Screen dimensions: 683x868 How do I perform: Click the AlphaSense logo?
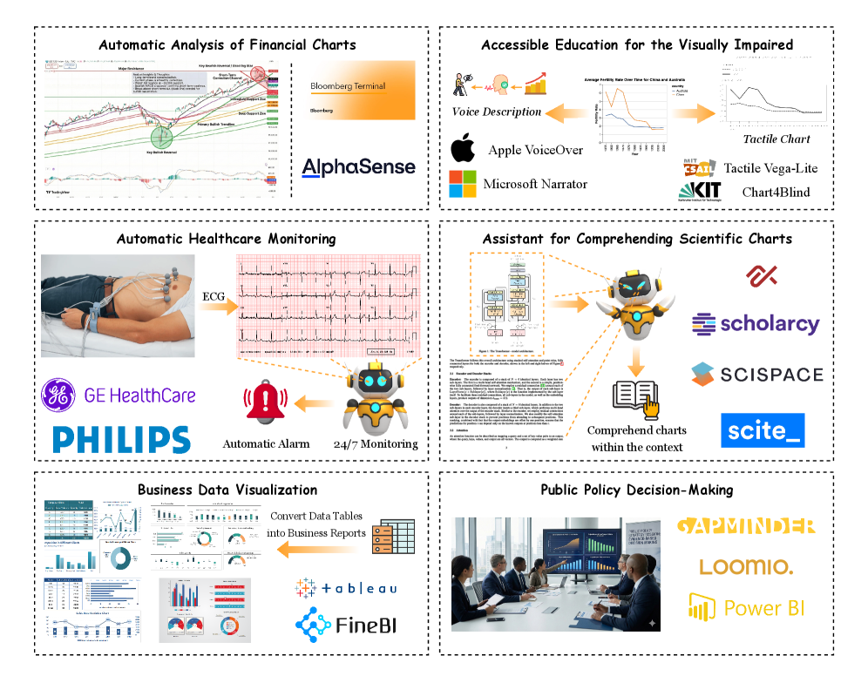[x=358, y=166]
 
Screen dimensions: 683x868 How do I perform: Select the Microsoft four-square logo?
[x=463, y=185]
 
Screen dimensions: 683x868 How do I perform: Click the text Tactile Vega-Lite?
[x=770, y=168]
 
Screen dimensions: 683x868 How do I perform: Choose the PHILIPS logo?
[x=121, y=438]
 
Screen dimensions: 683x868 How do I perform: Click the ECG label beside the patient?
[x=213, y=296]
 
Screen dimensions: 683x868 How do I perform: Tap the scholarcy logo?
[x=756, y=325]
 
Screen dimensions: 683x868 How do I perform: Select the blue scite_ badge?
[x=763, y=430]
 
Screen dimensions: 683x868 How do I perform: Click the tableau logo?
[x=346, y=588]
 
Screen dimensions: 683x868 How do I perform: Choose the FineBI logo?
[x=346, y=624]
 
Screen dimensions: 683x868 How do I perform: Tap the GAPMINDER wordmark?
[x=746, y=525]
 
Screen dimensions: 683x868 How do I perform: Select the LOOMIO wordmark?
[x=746, y=567]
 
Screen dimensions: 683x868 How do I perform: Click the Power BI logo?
[x=746, y=607]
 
